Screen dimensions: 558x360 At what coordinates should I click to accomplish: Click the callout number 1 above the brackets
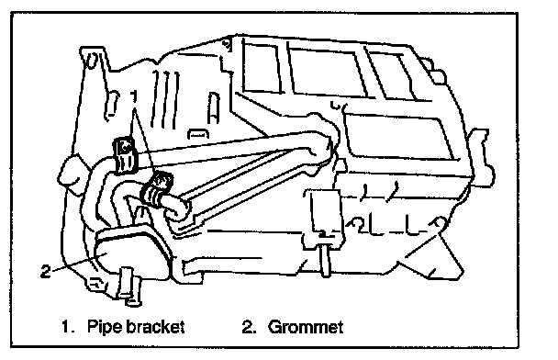point(134,97)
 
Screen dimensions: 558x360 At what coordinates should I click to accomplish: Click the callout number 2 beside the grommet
point(46,271)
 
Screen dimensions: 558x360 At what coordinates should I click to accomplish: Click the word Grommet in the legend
point(306,327)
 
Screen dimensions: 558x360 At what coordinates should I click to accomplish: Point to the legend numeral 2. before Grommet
point(249,327)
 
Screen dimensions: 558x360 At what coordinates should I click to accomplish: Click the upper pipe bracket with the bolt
point(125,155)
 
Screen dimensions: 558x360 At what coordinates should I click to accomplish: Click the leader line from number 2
point(79,263)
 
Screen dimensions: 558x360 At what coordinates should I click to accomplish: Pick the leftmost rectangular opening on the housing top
point(261,67)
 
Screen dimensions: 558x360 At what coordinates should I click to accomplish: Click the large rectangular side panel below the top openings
point(398,137)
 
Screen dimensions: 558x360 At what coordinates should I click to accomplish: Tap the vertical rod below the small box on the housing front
point(325,259)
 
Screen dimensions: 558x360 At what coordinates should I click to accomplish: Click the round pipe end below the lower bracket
point(174,210)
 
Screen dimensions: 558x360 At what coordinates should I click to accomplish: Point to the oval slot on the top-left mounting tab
point(92,61)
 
